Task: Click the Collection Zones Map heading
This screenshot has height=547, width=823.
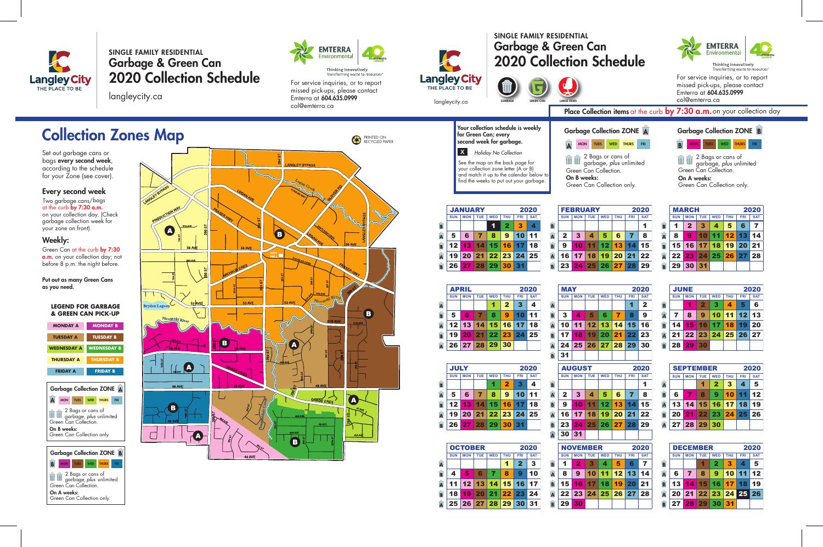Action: point(112,135)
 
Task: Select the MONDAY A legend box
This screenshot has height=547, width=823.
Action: point(65,326)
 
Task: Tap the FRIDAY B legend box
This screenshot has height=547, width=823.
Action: point(105,371)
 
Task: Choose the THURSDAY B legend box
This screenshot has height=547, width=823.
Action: point(105,360)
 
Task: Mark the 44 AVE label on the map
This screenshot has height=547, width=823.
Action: point(250,456)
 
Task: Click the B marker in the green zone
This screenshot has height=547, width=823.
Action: point(295,441)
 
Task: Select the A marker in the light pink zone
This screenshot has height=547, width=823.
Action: point(198,435)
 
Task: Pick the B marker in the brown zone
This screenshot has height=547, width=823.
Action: point(369,313)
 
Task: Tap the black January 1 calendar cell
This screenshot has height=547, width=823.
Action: point(493,225)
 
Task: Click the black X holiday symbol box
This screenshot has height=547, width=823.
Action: point(463,152)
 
